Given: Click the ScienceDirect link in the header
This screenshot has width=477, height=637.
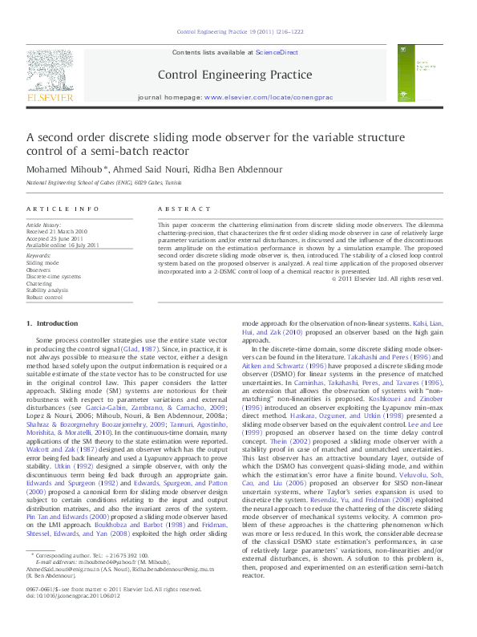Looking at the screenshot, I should tap(277, 51).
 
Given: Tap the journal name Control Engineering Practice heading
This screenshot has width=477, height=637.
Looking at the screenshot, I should tap(235, 75).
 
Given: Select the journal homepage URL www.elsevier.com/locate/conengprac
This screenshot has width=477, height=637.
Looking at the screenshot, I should tap(268, 97).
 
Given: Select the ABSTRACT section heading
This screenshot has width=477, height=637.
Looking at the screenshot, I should tap(180, 208).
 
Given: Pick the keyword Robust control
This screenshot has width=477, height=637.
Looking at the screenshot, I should tap(46, 296).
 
